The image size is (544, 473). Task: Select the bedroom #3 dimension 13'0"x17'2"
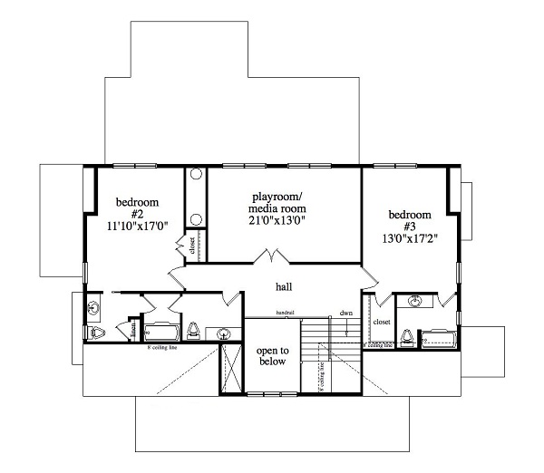410,242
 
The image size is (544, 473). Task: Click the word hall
284,287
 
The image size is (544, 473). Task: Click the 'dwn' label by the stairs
345,314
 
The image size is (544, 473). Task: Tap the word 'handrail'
286,314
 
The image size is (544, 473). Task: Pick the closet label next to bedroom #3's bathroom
381,321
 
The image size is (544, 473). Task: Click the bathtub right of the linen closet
163,332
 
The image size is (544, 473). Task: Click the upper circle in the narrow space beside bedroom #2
196,176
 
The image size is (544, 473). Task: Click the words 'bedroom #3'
409,221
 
